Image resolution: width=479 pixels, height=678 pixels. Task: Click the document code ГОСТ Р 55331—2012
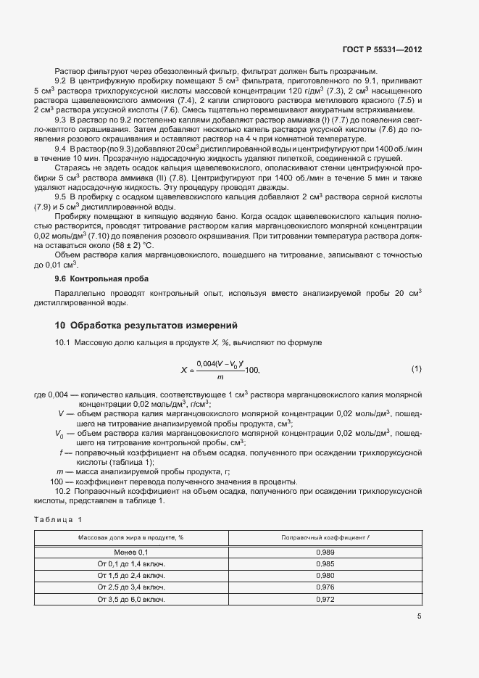pos(381,49)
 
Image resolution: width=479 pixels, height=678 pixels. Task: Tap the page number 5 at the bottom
pos(419,616)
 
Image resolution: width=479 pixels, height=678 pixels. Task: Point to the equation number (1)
pos(417,369)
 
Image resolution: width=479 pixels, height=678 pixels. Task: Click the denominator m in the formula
pos(219,377)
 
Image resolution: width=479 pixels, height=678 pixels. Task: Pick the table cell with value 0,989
pos(325,553)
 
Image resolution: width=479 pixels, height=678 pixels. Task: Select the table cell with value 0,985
pos(325,564)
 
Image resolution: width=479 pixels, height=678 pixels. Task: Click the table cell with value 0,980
pos(325,576)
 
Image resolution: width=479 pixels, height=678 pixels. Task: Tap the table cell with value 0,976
pos(325,587)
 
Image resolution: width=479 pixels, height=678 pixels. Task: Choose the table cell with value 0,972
pos(325,600)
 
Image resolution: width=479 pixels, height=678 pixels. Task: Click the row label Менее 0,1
pos(131,553)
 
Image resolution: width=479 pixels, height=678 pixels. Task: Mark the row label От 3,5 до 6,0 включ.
pos(131,600)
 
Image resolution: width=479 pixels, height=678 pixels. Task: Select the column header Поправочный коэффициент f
pos(325,537)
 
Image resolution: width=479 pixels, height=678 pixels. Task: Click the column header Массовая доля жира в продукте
pos(131,537)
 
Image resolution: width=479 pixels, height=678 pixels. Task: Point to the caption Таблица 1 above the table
pos(59,519)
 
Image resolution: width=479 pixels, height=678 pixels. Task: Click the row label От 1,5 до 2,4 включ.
pos(131,576)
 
